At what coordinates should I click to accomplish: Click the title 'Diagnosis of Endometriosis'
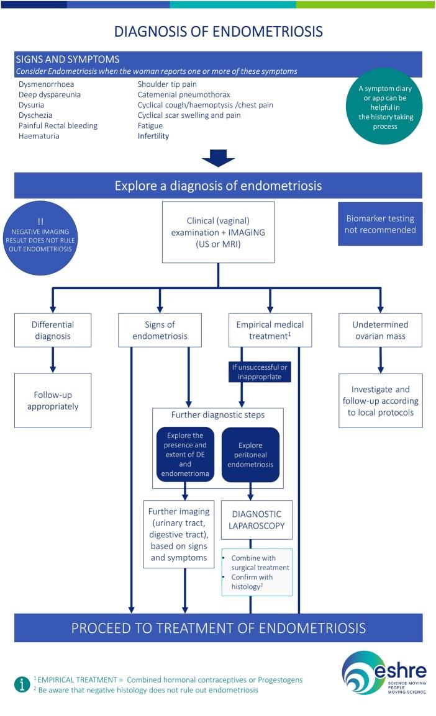click(x=219, y=31)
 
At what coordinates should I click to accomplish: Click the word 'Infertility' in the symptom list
click(x=153, y=136)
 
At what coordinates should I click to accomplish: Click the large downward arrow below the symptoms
click(x=218, y=158)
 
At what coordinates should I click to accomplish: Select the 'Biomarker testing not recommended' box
click(x=380, y=223)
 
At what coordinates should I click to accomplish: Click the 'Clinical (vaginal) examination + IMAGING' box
click(x=218, y=231)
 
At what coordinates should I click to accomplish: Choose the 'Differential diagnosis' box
click(x=53, y=330)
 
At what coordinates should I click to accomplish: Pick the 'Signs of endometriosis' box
click(x=160, y=330)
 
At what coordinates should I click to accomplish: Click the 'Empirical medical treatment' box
click(x=270, y=330)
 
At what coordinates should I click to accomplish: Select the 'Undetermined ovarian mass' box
click(x=380, y=330)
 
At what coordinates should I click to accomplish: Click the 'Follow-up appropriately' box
click(x=53, y=400)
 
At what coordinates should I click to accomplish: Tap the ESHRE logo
click(x=384, y=673)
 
